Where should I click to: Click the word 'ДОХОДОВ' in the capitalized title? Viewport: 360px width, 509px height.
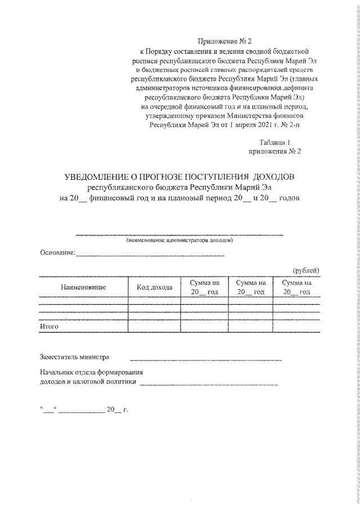pos(276,178)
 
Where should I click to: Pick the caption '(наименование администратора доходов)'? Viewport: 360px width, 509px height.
pos(179,240)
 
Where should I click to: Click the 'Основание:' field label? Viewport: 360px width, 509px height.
pos(57,254)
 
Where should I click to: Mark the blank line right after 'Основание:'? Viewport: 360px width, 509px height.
pos(150,256)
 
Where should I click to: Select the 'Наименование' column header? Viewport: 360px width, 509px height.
pos(83,287)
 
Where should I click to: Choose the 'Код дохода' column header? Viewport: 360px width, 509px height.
pos(155,287)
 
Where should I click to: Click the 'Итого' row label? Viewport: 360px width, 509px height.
pos(49,326)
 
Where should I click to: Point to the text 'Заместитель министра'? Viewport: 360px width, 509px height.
pos(75,357)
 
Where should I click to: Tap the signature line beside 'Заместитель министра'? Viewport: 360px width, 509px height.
pos(205,359)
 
